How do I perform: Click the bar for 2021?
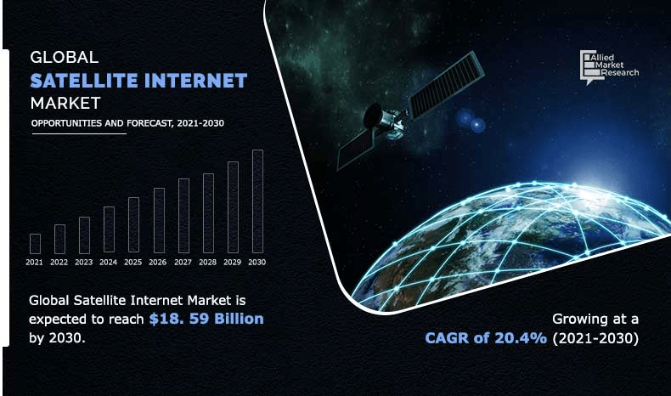tap(35, 244)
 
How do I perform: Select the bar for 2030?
tap(257, 201)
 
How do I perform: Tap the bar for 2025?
tap(133, 225)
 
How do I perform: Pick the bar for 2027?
tap(183, 216)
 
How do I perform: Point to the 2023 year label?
tap(83, 263)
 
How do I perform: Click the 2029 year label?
tap(232, 263)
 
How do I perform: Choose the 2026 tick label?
tap(158, 263)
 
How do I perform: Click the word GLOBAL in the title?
tap(65, 58)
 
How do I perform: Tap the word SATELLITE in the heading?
tap(90, 81)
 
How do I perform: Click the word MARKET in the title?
tap(65, 103)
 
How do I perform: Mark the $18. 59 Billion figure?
tap(206, 319)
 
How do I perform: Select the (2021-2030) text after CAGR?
tap(594, 338)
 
